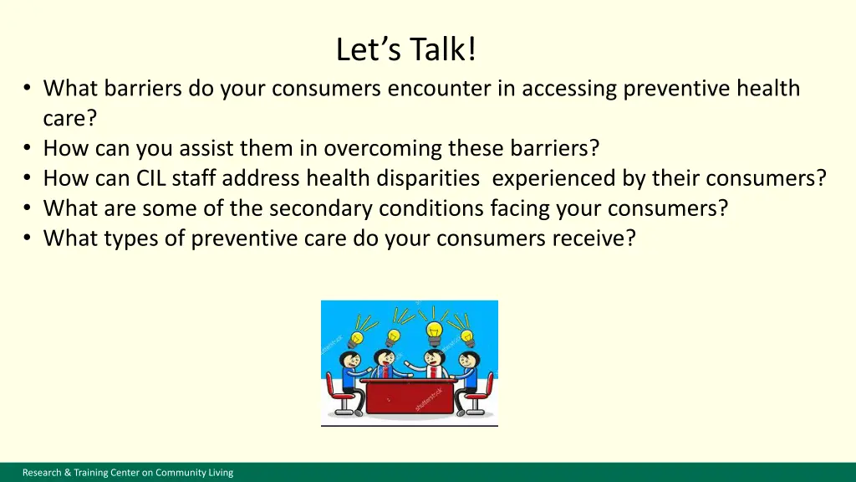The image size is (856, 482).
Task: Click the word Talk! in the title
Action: pos(443,49)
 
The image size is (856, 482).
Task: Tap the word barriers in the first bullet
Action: pos(142,88)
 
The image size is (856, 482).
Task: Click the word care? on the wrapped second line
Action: pos(70,118)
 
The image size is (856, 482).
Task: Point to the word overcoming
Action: pos(382,149)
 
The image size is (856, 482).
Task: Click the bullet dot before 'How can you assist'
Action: pos(28,147)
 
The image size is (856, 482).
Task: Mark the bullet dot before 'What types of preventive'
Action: pos(28,238)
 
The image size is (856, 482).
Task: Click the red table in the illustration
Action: pos(409,396)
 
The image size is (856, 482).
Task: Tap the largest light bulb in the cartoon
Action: pos(435,331)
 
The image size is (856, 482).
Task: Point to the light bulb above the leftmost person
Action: pos(356,339)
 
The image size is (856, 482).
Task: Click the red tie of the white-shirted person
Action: pos(434,372)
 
